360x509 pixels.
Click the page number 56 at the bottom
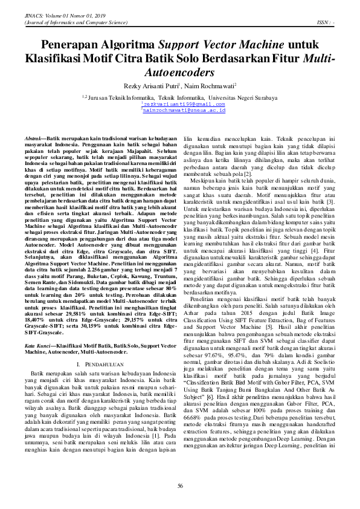[180, 487]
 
